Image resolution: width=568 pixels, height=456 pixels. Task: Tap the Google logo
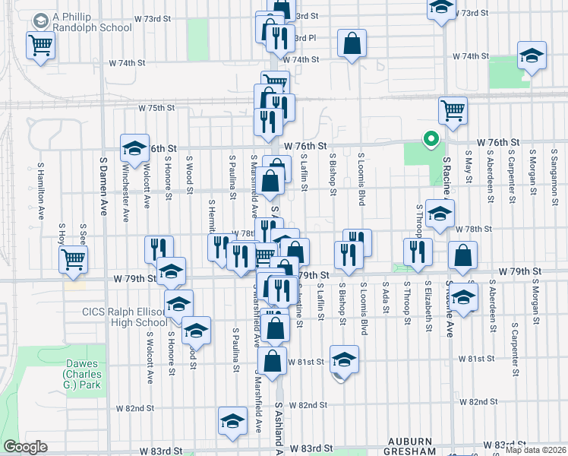click(x=25, y=447)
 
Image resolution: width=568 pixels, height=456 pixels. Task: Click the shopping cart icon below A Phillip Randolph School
click(x=40, y=44)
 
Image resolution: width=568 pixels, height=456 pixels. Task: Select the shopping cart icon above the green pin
click(x=453, y=109)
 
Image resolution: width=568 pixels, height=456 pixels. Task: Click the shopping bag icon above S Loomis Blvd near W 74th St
click(x=352, y=43)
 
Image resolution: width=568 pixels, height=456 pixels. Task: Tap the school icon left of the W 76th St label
click(x=134, y=147)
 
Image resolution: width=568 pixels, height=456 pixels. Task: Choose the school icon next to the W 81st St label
click(x=344, y=359)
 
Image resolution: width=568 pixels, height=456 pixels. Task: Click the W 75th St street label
click(x=156, y=108)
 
